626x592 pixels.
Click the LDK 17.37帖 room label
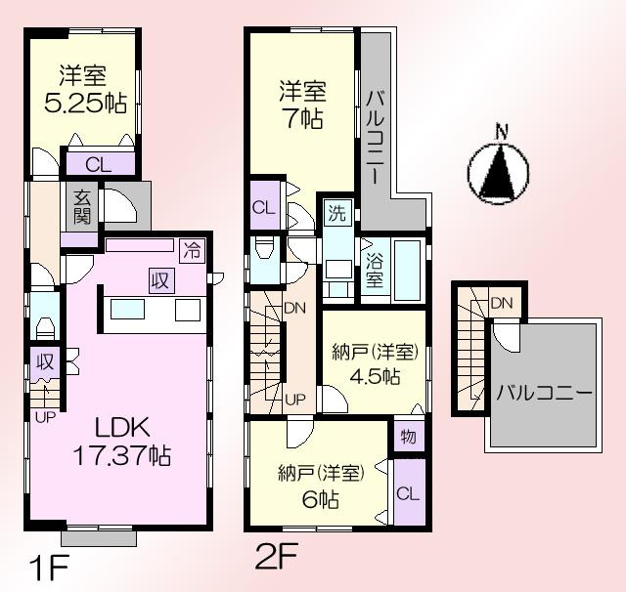(x=120, y=440)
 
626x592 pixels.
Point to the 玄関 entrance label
(x=81, y=205)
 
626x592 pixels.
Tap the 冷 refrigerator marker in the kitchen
(x=194, y=249)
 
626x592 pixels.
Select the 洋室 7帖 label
(x=302, y=105)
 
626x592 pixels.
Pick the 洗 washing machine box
(x=336, y=212)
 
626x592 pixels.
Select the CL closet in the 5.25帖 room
(x=98, y=163)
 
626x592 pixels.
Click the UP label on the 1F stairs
(x=45, y=417)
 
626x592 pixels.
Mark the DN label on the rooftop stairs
(x=502, y=303)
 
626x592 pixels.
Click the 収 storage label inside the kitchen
(x=159, y=280)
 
